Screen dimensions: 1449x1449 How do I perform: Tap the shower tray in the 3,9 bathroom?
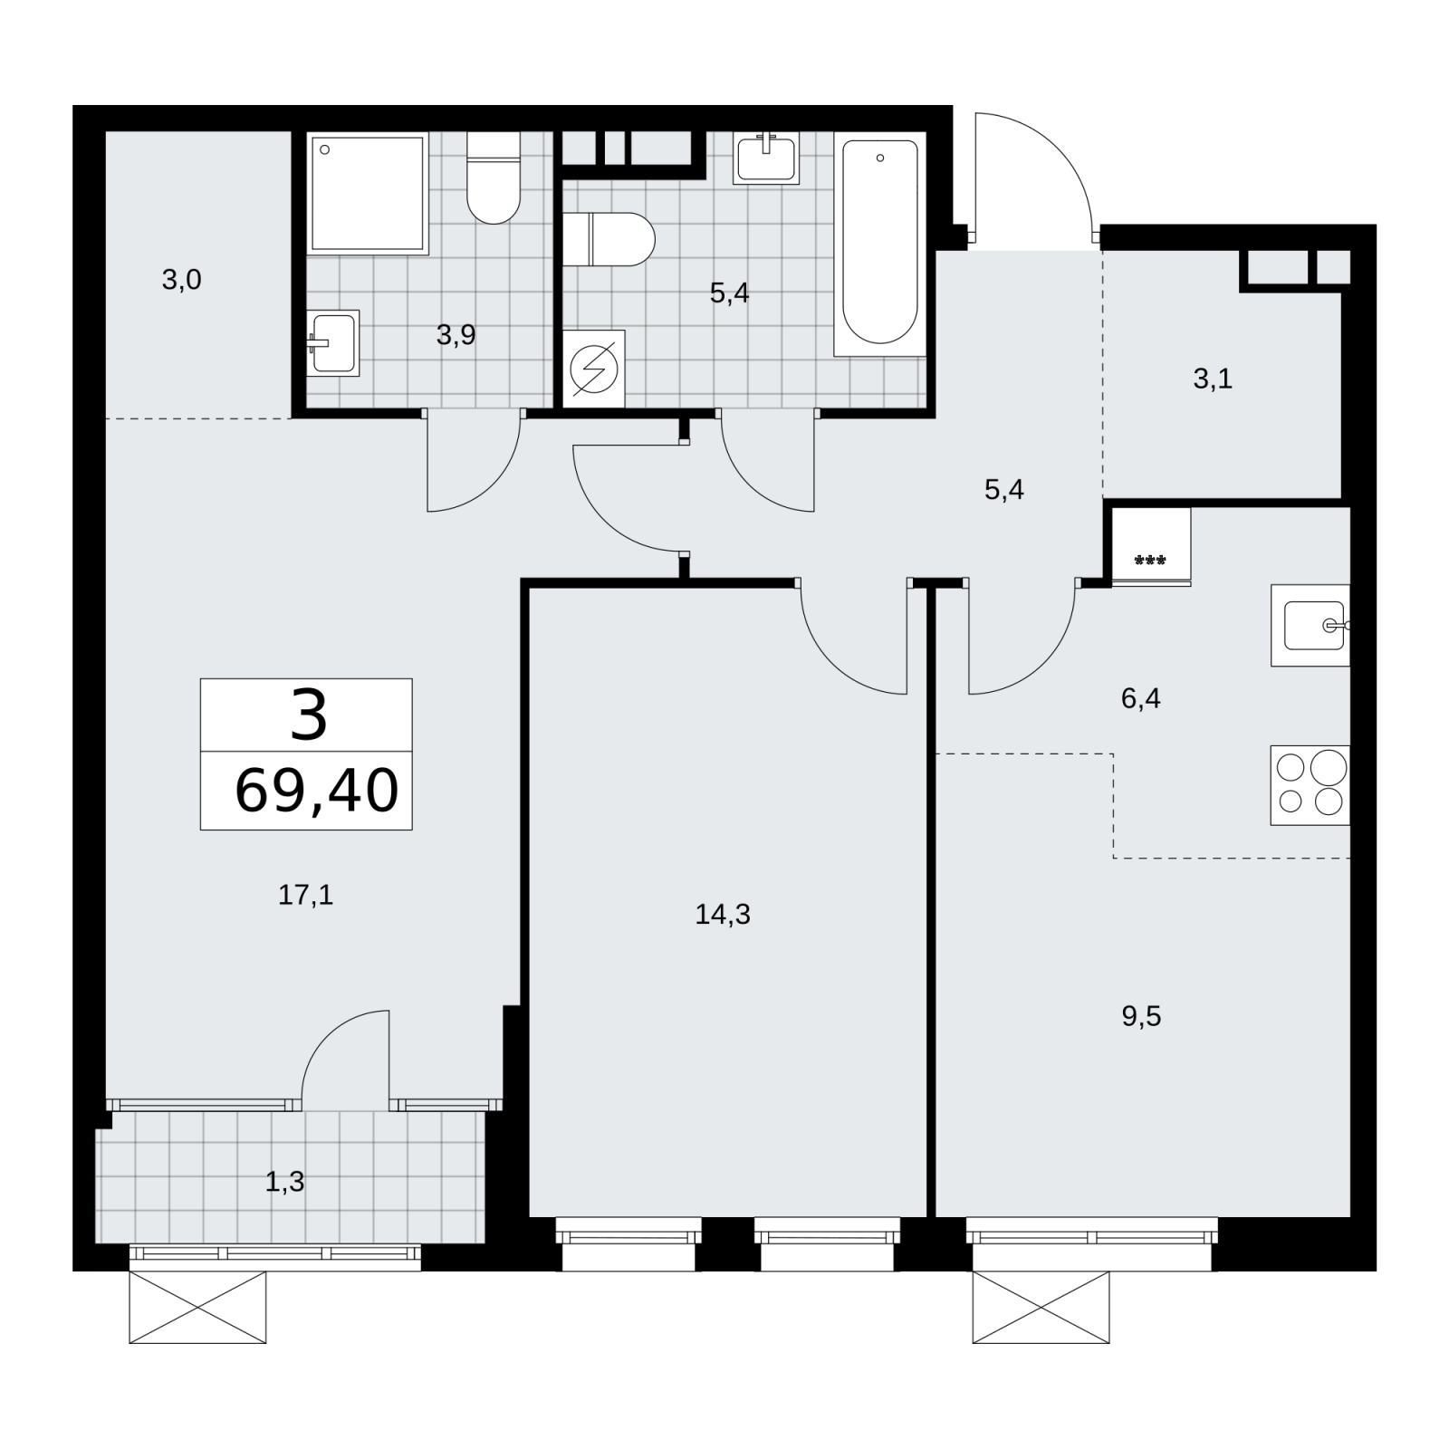368,193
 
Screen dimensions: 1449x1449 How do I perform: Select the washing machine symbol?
594,369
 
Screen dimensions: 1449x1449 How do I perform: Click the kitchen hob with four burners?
1310,785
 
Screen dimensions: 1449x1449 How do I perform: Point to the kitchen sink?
1310,626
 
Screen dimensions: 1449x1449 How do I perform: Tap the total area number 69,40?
316,790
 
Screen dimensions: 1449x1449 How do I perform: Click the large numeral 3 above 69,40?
309,715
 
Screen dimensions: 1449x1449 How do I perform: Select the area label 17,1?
306,896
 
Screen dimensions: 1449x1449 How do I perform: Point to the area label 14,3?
723,915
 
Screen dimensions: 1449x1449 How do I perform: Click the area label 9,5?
1141,1016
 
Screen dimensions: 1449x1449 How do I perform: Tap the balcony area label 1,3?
285,1181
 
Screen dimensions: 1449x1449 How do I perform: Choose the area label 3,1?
1213,379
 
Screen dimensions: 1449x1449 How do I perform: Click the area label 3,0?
181,281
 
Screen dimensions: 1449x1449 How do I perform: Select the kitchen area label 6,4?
1141,698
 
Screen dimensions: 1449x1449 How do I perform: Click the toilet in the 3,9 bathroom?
494,178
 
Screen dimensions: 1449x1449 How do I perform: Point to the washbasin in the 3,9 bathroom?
333,343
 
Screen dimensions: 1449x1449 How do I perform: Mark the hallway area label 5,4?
1004,490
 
